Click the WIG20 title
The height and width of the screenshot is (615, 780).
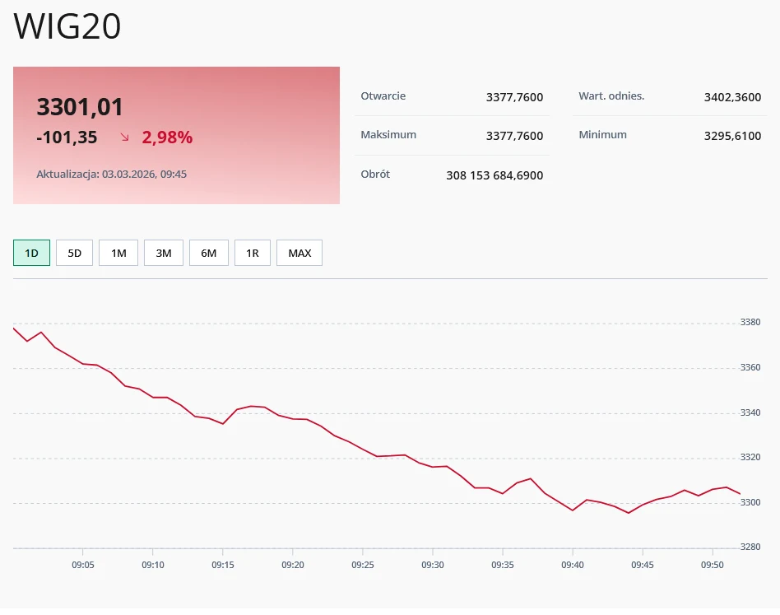coord(67,27)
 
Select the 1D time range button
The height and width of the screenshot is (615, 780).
coord(32,253)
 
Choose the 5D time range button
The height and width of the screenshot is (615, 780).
coord(74,253)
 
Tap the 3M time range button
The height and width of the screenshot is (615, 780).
coord(164,253)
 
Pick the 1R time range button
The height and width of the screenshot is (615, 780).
coord(253,253)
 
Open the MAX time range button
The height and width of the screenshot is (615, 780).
coord(299,253)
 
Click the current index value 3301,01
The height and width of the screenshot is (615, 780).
coord(80,107)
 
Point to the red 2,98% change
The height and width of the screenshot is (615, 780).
coord(167,137)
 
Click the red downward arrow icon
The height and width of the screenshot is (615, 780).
coord(125,137)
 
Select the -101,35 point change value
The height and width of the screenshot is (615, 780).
coord(67,137)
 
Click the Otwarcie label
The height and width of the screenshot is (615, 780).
coord(383,96)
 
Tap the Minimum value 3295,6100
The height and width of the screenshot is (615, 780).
coord(732,136)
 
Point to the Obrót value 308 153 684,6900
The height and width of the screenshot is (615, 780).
coord(494,175)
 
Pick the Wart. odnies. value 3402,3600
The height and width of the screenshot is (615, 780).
coord(732,97)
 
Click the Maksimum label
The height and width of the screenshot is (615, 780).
coord(388,135)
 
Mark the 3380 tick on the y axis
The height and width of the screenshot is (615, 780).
coord(750,323)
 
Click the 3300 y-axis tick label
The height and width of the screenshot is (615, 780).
coord(750,502)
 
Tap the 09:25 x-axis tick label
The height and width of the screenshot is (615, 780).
coord(363,565)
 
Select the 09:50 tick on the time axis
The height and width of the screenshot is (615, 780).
coord(713,565)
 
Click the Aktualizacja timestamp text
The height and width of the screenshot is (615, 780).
coord(111,175)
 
